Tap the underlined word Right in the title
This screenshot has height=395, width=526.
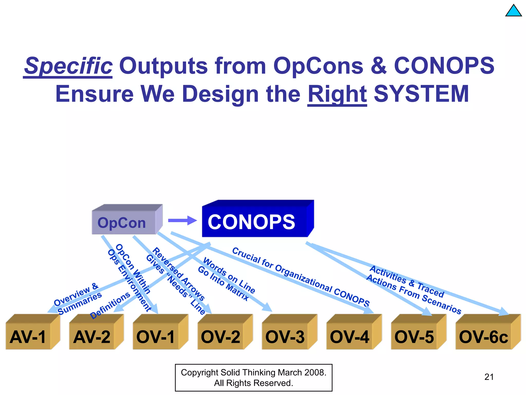[337, 94]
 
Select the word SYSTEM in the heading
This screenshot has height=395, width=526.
[421, 94]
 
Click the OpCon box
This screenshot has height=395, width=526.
[124, 222]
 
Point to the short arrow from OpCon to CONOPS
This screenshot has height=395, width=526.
[182, 220]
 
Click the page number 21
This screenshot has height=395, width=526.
[489, 377]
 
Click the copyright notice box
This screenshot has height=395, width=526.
[253, 378]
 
